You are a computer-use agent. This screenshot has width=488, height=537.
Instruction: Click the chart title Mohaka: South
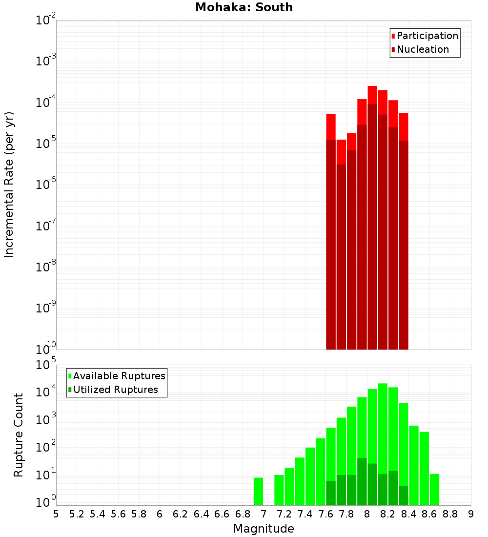(x=244, y=8)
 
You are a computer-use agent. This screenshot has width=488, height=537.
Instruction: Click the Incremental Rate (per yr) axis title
(x=9, y=185)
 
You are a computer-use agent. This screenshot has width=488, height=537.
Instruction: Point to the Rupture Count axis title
(x=19, y=435)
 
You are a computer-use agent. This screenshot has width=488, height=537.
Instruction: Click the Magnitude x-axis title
(x=264, y=529)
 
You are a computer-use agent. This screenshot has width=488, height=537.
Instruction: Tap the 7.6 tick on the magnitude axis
(x=326, y=514)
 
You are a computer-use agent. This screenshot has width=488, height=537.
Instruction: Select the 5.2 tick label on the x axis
(x=77, y=514)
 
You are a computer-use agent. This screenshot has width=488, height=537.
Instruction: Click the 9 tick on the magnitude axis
(x=471, y=514)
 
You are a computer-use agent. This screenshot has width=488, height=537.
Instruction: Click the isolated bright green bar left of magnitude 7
(x=258, y=491)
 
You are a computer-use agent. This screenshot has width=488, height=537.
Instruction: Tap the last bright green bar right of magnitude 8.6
(x=434, y=489)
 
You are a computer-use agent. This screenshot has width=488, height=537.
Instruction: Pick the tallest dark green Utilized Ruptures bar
(x=362, y=481)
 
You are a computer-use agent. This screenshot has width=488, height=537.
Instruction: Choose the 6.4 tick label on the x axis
(x=202, y=514)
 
